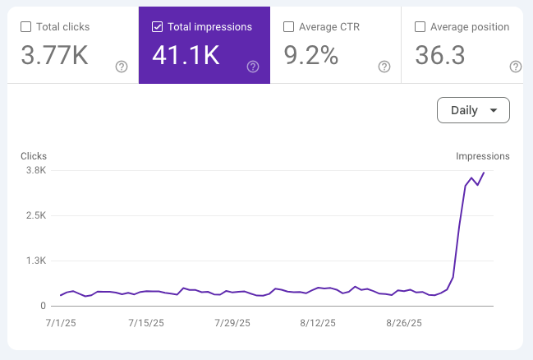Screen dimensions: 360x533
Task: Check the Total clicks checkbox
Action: tap(25, 27)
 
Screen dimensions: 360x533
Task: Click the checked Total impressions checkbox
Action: tap(157, 27)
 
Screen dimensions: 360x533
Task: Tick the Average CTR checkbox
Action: tap(288, 27)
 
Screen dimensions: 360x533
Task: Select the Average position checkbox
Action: tap(420, 27)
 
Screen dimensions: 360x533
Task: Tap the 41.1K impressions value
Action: tap(186, 57)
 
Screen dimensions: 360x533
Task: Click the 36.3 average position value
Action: tap(442, 57)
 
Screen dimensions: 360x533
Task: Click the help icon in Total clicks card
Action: tap(122, 67)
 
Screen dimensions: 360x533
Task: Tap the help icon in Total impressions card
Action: tap(253, 67)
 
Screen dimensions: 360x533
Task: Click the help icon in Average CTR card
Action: tap(384, 67)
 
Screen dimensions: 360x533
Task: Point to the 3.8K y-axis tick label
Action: tap(35, 170)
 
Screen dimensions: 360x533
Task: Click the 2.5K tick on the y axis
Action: tap(35, 215)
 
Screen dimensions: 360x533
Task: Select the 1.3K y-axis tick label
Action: tap(35, 261)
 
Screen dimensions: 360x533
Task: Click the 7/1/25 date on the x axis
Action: tap(62, 324)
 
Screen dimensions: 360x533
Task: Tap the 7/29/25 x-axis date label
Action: tap(231, 324)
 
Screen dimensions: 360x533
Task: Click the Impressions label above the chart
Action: tap(483, 156)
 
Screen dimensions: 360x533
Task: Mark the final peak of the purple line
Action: tap(484, 172)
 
